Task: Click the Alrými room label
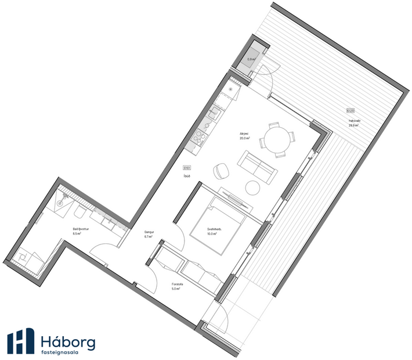coord(245,134)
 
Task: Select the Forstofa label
coord(177,284)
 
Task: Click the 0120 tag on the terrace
coord(350,110)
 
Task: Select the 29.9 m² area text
coord(353,125)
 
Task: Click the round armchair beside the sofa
coord(222,170)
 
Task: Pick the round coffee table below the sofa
coord(253,188)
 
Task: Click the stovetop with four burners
coord(200,137)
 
